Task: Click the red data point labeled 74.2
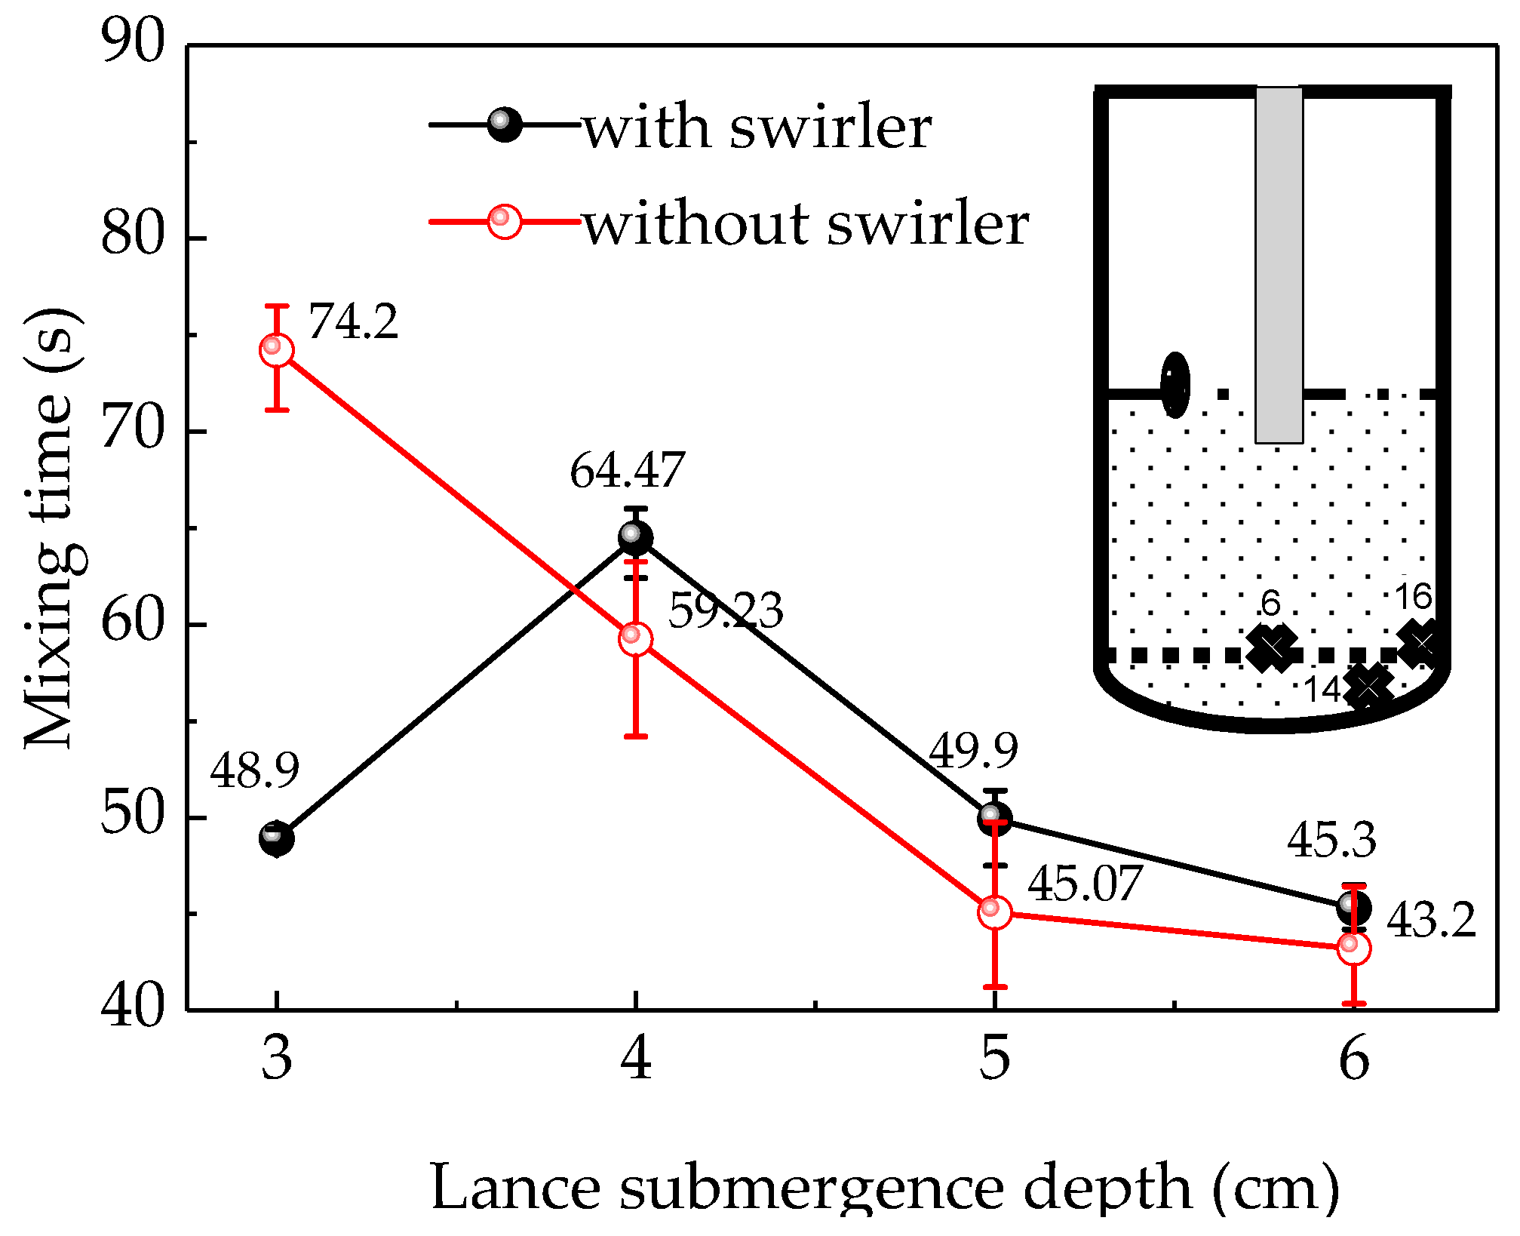point(277,350)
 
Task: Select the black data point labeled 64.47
point(635,538)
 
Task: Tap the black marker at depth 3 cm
point(277,838)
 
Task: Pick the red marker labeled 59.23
point(635,639)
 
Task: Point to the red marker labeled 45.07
point(995,912)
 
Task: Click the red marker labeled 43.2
point(1354,949)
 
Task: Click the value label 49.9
point(973,751)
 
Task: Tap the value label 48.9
point(254,771)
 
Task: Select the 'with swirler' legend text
point(757,128)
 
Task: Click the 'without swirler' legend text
point(806,224)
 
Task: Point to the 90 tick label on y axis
point(133,43)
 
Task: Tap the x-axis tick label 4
point(636,1059)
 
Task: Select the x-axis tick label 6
point(1354,1059)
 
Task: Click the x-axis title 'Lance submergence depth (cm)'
point(884,1188)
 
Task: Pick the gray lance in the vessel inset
point(1279,264)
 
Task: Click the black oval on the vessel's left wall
point(1175,385)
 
